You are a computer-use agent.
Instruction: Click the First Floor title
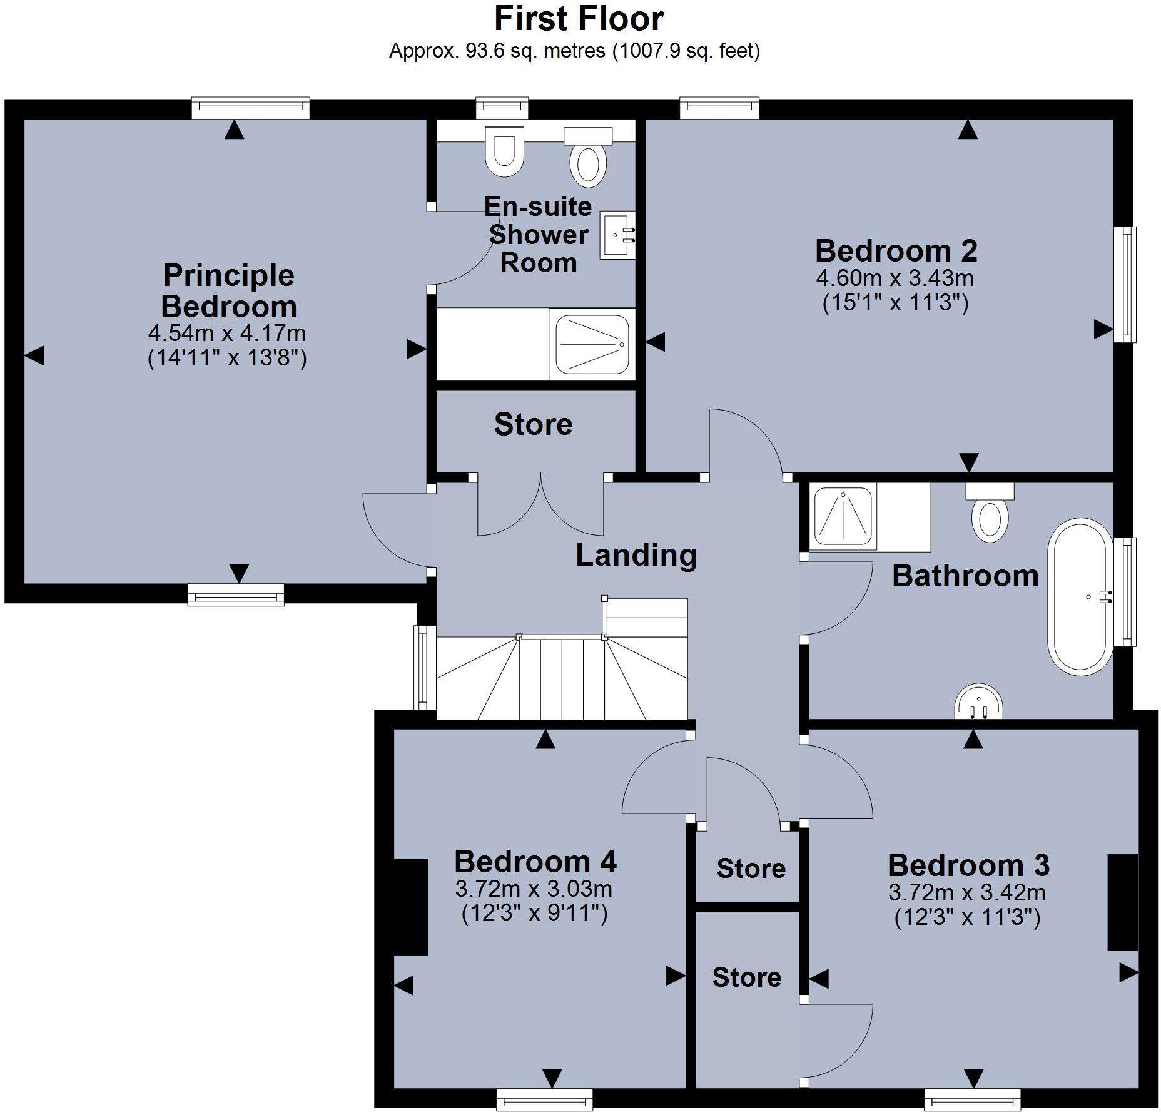pyautogui.click(x=579, y=19)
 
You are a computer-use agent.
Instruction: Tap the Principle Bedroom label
pyautogui.click(x=229, y=291)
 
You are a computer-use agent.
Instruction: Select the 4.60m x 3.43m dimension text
pyautogui.click(x=895, y=278)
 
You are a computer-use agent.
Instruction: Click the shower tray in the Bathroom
pyautogui.click(x=843, y=517)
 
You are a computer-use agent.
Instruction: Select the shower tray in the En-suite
pyautogui.click(x=592, y=344)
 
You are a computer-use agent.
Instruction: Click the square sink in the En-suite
pyautogui.click(x=617, y=235)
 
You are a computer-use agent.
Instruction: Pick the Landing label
pyautogui.click(x=636, y=555)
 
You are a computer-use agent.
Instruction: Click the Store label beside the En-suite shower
pyautogui.click(x=533, y=424)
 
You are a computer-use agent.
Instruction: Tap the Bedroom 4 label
pyautogui.click(x=535, y=862)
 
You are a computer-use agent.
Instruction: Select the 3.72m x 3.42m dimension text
pyautogui.click(x=967, y=892)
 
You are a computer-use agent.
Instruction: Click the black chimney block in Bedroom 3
pyautogui.click(x=1122, y=902)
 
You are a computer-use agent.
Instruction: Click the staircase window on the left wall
pyautogui.click(x=425, y=667)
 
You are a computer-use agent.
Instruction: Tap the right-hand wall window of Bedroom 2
pyautogui.click(x=1125, y=284)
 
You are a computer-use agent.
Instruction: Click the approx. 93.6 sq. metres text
pyautogui.click(x=497, y=51)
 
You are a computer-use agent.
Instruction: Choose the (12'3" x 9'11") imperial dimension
pyautogui.click(x=534, y=914)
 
